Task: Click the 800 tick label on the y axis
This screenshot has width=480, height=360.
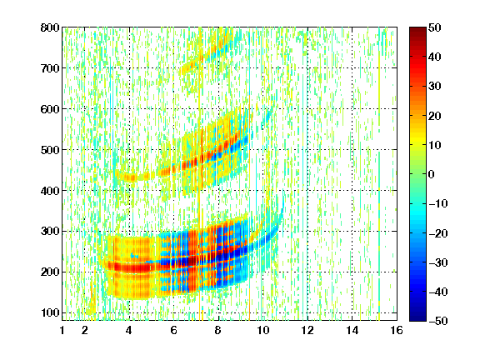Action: coord(50,27)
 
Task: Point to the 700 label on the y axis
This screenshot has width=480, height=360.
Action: coord(50,68)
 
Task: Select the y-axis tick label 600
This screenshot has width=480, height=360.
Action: coord(50,109)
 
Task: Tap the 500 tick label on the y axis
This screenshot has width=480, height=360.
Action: coord(50,150)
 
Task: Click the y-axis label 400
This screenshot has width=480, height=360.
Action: coord(50,191)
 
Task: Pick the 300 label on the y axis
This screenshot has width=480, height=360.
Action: coord(50,232)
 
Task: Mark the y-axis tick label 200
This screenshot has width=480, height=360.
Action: coord(50,272)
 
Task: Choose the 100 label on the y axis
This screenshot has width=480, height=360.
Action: coord(50,312)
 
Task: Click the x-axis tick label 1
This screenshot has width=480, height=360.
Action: coord(62,330)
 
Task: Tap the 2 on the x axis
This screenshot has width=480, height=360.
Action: coord(85,330)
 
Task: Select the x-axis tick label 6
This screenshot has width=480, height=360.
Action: coord(174,330)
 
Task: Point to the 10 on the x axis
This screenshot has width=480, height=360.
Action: coord(263,330)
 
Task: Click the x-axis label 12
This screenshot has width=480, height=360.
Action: coord(307,330)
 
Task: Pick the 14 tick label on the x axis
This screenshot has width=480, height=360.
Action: coord(352,330)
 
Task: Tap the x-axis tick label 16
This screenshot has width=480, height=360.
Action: coord(397,330)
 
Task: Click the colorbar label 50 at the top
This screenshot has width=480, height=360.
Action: coord(435,27)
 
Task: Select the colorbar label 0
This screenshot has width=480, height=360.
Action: coord(432,174)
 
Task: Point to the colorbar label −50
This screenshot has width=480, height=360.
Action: coord(438,321)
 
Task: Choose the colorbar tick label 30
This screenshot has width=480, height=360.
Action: coord(435,87)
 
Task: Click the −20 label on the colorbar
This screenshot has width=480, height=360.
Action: coord(438,233)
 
